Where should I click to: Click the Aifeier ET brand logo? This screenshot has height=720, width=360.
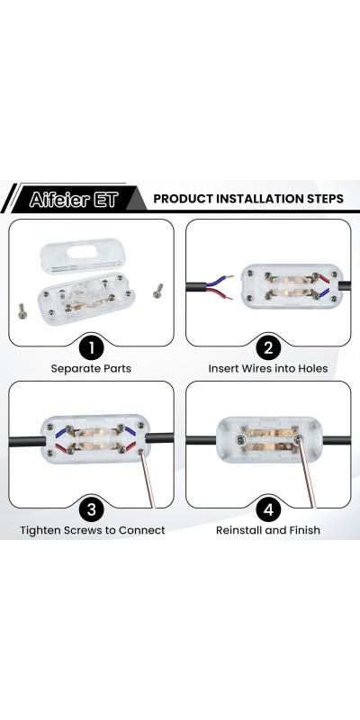74,199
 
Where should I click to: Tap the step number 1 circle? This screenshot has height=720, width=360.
92,347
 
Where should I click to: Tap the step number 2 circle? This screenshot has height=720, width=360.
268,347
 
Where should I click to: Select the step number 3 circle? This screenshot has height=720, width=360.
92,509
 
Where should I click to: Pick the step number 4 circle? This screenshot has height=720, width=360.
268,509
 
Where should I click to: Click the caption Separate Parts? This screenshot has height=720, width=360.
91,369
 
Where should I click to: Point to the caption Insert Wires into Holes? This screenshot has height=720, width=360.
268,369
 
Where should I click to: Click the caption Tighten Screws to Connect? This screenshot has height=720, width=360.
93,530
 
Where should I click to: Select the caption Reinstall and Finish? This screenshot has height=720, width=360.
268,530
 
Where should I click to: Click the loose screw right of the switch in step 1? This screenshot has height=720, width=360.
158,291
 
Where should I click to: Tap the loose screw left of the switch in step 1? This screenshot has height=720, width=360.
22,311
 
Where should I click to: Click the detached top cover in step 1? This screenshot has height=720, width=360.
83,256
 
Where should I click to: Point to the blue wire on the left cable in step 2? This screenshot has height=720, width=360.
219,282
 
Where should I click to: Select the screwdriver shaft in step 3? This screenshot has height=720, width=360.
148,481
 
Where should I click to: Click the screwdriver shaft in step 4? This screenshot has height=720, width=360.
307,474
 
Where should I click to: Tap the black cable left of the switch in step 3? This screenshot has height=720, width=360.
27,441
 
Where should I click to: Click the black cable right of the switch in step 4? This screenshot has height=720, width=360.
337,441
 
